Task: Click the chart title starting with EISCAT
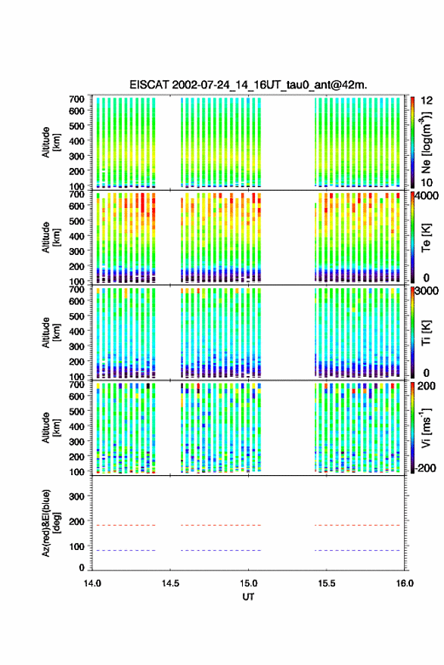pyautogui.click(x=248, y=85)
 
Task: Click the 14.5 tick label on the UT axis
pyautogui.click(x=170, y=583)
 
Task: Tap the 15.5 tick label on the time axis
pyautogui.click(x=326, y=583)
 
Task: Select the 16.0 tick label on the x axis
pyautogui.click(x=405, y=583)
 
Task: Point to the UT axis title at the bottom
pyautogui.click(x=248, y=597)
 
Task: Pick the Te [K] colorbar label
pyautogui.click(x=426, y=238)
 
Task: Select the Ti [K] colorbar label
pyautogui.click(x=426, y=333)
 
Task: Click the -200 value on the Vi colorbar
pyautogui.click(x=425, y=468)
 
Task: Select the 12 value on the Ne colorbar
pyautogui.click(x=427, y=101)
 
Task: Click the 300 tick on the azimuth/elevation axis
pyautogui.click(x=76, y=496)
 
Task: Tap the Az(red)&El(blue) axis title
pyautogui.click(x=51, y=524)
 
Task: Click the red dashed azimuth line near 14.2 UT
pyautogui.click(x=124, y=525)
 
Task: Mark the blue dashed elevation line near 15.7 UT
pyautogui.click(x=358, y=550)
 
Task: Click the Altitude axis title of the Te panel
pyautogui.click(x=51, y=238)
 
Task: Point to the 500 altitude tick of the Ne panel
pyautogui.click(x=76, y=126)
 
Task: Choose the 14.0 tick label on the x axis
pyautogui.click(x=92, y=583)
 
